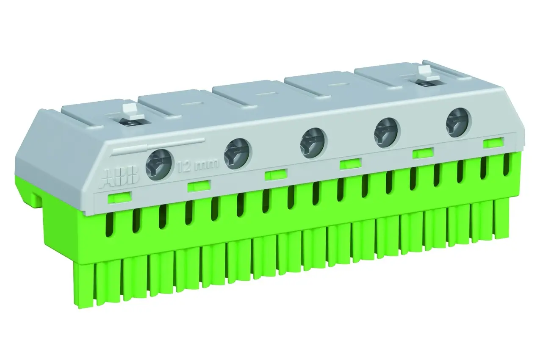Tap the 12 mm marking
198,166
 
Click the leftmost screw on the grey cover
159,164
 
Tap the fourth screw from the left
386,133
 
